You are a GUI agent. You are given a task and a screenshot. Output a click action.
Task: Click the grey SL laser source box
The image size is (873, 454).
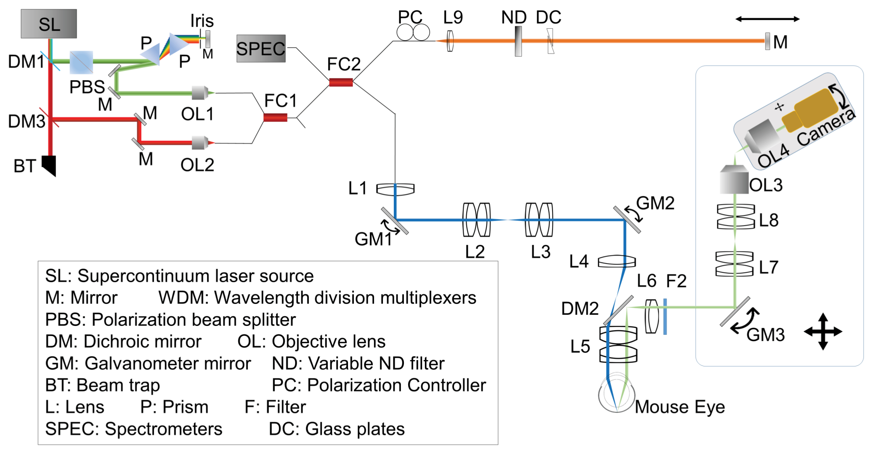coord(49,24)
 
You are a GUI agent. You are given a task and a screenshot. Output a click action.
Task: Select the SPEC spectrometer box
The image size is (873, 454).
coord(261,49)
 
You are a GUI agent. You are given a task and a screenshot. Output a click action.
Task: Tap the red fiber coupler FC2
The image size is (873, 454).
coord(341,82)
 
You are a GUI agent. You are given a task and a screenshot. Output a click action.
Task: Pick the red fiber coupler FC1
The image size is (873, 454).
coord(275,117)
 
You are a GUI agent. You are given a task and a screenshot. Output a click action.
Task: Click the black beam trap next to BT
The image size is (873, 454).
coord(50,165)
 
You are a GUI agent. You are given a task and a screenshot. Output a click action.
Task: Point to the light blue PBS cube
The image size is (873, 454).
coord(81,62)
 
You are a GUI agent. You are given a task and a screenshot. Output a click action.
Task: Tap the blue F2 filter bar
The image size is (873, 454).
coord(665,316)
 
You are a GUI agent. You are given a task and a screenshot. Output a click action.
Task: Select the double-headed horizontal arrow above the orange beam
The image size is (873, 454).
coord(767,19)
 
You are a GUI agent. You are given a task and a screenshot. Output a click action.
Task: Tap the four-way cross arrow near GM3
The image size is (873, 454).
coord(823,332)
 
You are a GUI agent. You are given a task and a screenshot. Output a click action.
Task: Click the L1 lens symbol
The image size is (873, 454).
coord(395,189)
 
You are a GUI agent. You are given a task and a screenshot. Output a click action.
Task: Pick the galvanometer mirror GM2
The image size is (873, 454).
coord(627,220)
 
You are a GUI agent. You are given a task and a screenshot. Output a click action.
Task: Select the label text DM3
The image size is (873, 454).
coord(26,121)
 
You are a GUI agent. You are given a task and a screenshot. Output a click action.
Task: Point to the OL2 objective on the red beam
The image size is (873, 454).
coord(200,143)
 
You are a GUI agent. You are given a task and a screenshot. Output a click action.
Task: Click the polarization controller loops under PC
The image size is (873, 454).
coord(413,33)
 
